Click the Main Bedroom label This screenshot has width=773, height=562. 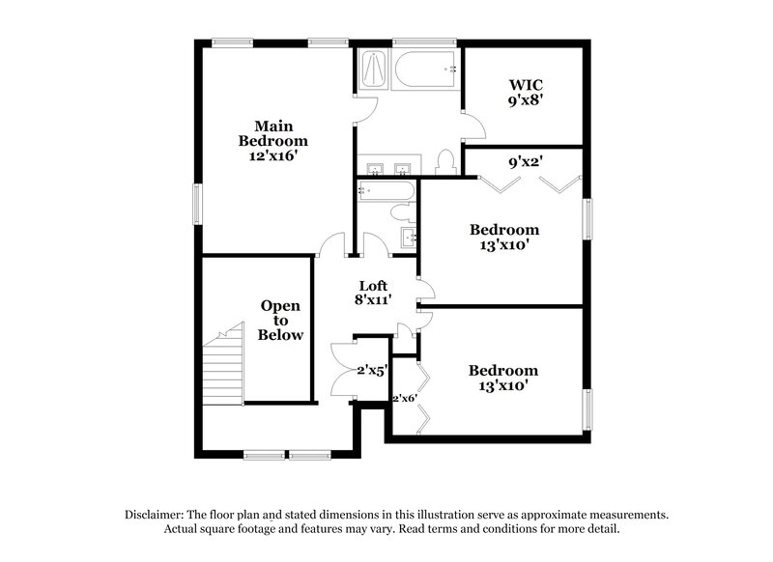273,141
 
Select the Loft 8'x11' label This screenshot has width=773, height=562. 374,293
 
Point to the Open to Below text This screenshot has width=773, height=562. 280,321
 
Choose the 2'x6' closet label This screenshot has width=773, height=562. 404,397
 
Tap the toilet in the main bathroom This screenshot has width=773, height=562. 445,162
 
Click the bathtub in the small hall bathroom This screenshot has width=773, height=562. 386,190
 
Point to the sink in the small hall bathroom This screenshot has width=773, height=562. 408,237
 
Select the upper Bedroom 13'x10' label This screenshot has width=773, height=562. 503,237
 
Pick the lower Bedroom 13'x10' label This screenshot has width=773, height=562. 502,378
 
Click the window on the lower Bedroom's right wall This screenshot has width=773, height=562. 586,407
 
